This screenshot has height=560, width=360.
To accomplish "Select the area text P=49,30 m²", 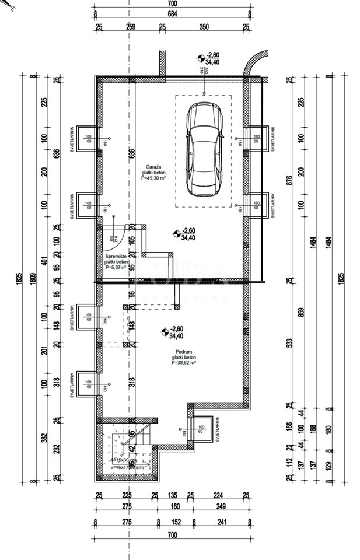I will coord(153,180).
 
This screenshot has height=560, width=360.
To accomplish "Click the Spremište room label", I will coord(116,257).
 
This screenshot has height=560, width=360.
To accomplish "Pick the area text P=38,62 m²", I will coord(184,362).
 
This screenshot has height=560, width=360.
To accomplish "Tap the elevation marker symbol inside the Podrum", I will coord(164,332).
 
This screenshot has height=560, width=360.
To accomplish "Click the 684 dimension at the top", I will coord(172,13).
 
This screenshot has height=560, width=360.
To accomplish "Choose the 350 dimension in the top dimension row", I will coord(204,27).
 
